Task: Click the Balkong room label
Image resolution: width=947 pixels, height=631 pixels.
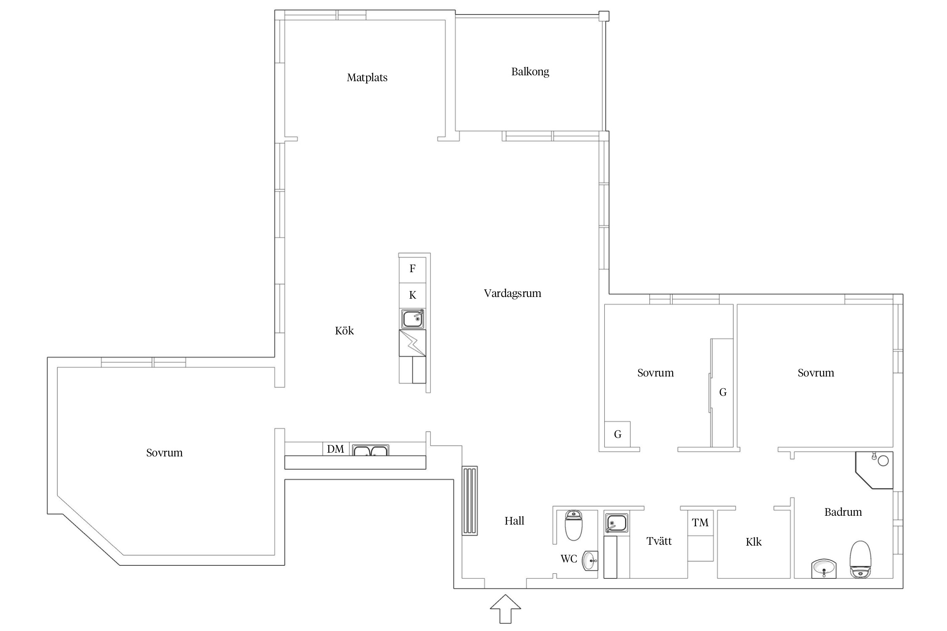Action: tap(530, 72)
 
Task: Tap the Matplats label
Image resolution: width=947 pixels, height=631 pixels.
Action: tap(367, 77)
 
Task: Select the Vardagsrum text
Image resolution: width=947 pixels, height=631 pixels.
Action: tap(512, 293)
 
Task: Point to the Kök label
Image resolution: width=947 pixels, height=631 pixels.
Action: tap(344, 331)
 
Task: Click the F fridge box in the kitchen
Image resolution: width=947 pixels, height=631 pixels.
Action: tap(412, 268)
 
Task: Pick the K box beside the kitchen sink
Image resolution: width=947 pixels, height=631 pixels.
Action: tap(412, 295)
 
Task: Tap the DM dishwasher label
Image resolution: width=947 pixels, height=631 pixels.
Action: tap(335, 449)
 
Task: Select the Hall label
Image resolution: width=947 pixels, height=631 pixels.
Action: tap(514, 521)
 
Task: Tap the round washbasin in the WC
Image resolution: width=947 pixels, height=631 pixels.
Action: tap(590, 560)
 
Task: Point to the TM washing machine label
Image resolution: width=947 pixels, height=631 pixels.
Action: tap(700, 522)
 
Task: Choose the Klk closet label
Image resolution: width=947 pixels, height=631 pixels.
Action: tap(753, 542)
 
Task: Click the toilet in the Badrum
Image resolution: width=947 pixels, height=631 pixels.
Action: tap(860, 559)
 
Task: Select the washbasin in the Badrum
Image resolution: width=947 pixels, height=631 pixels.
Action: tap(824, 569)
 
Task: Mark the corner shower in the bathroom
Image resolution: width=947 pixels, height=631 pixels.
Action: tap(875, 470)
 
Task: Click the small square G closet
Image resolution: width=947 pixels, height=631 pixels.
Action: tap(617, 434)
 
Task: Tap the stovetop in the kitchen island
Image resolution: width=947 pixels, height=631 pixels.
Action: tap(412, 343)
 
